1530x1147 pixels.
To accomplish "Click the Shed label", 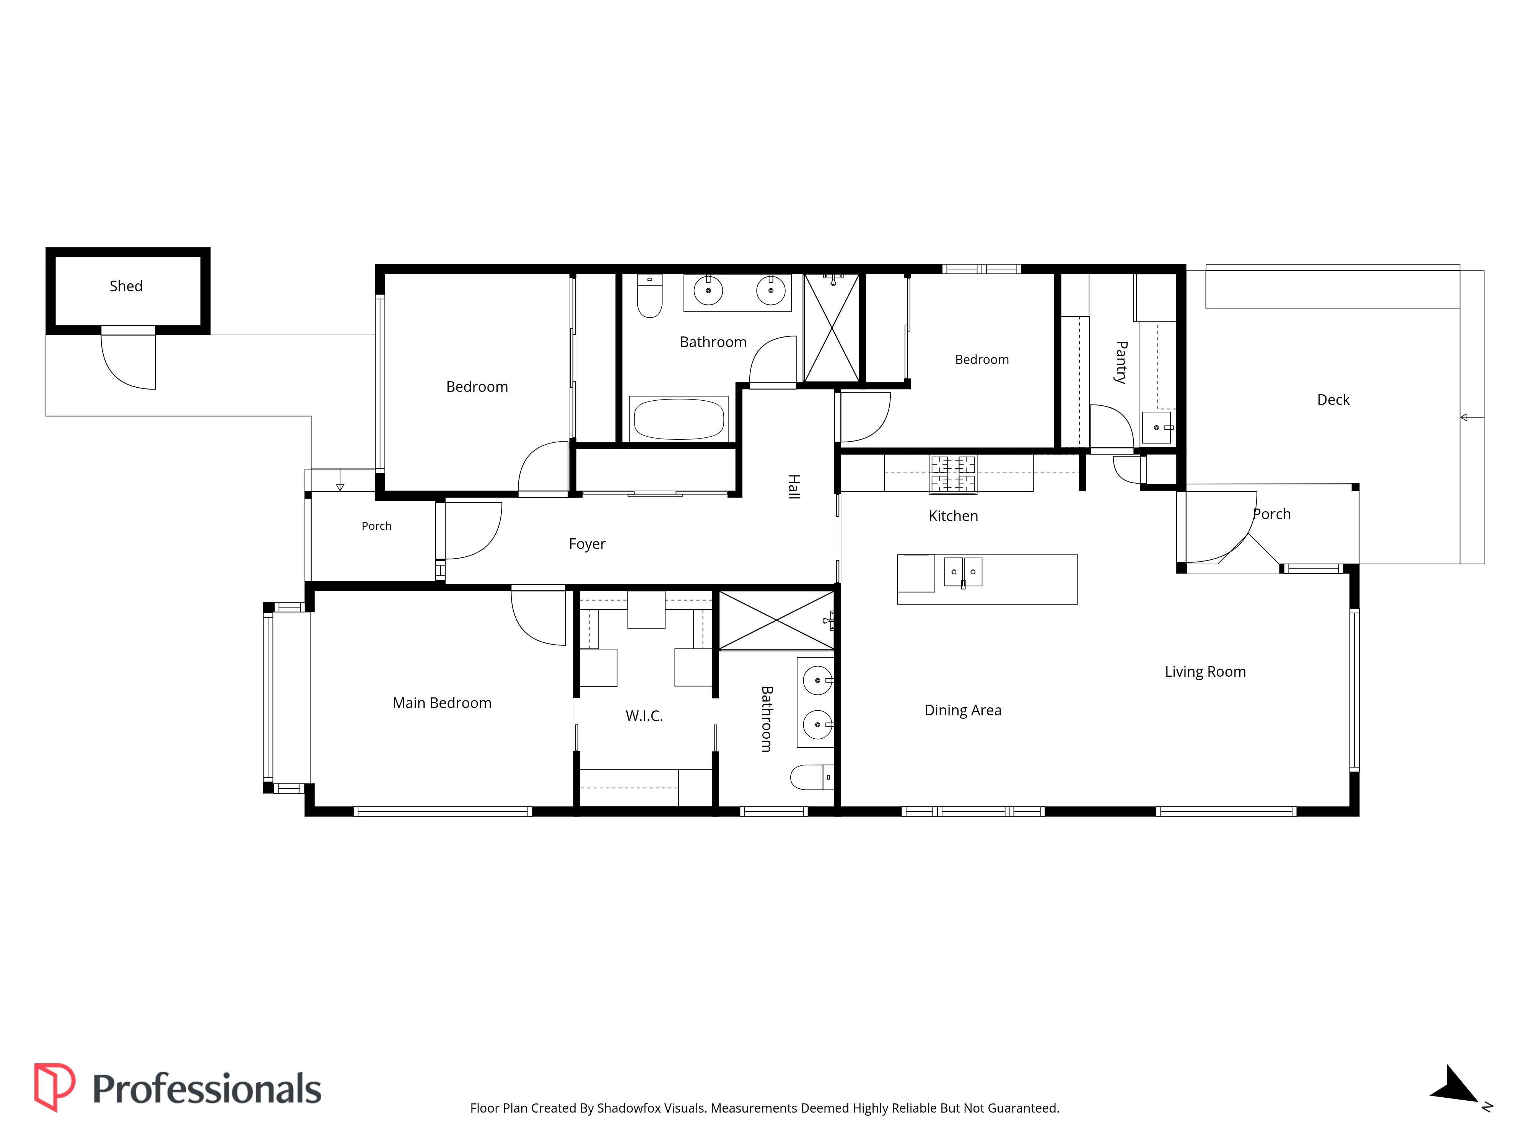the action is tap(126, 286).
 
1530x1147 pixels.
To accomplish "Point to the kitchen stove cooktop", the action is tap(952, 474).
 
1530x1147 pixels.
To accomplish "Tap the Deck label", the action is tap(1333, 400).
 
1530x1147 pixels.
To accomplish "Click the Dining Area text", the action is tap(963, 710).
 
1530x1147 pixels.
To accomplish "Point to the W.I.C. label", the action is tap(644, 716).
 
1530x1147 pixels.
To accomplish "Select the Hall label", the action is tap(794, 487).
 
